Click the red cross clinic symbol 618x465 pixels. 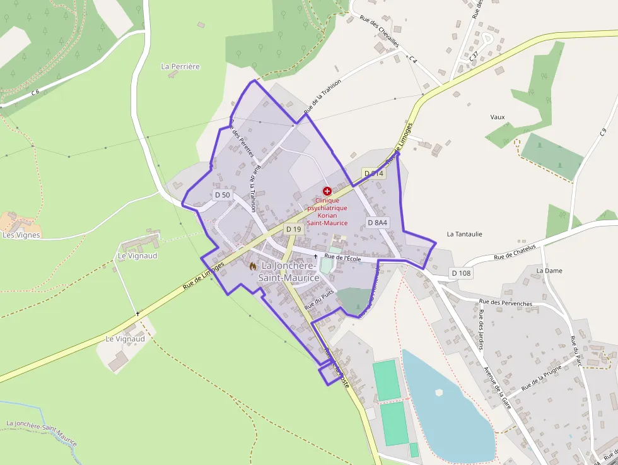click(327, 191)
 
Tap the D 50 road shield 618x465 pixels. click(222, 195)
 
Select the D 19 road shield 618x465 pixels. click(293, 229)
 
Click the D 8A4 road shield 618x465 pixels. click(377, 222)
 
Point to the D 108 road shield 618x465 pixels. click(461, 273)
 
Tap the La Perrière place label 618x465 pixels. click(180, 66)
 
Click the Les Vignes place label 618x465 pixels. click(21, 235)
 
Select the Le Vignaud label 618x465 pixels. click(137, 256)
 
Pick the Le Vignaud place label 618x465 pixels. click(125, 339)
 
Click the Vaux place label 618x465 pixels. click(497, 117)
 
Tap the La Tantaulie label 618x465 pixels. click(464, 233)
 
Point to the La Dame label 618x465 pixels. click(549, 271)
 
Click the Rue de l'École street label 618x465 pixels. click(342, 257)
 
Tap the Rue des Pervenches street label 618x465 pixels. click(505, 303)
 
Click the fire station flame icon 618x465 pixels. click(253, 267)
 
